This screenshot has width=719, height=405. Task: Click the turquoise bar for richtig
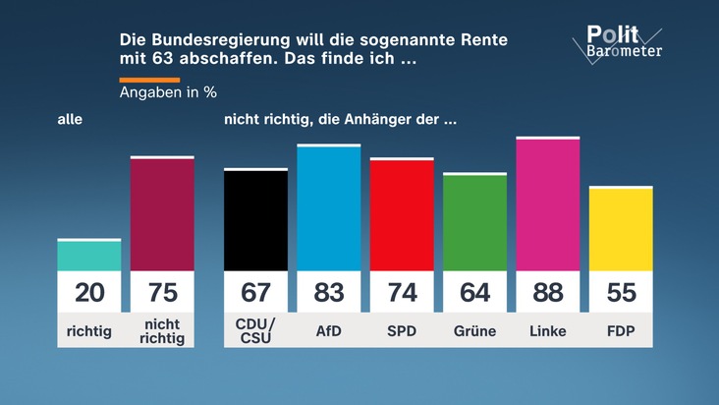click(89, 255)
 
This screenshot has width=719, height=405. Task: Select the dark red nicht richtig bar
click(162, 213)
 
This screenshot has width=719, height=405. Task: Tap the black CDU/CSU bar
click(255, 219)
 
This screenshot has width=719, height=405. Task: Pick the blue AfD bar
click(329, 207)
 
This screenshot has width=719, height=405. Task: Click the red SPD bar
click(402, 214)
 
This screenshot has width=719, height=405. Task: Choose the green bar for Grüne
click(475, 221)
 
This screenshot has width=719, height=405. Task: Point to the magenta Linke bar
click(548, 203)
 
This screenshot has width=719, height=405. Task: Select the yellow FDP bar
click(621, 228)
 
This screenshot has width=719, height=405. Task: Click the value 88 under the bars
click(548, 292)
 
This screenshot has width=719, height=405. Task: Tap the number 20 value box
click(89, 292)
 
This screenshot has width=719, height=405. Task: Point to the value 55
click(622, 292)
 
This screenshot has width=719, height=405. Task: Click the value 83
click(329, 292)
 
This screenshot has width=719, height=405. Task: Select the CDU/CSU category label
click(255, 330)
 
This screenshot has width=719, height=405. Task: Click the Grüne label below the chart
click(475, 330)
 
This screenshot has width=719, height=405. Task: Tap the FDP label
click(621, 330)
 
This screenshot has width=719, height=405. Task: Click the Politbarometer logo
click(617, 42)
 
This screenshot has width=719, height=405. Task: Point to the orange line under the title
click(149, 80)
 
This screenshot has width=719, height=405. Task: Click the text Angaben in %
click(168, 92)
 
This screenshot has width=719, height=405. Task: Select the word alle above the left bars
click(70, 119)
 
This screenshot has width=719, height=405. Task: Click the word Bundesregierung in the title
click(221, 40)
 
